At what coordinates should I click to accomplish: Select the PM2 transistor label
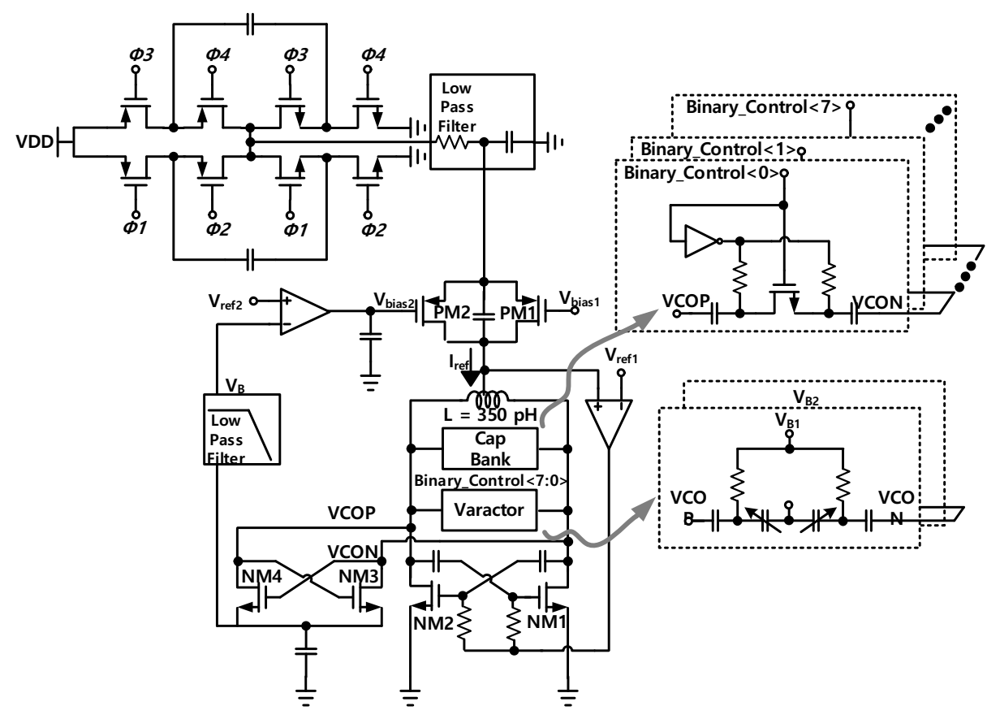point(455,311)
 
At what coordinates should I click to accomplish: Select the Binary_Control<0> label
point(698,173)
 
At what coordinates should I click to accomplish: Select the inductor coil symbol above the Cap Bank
point(485,400)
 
